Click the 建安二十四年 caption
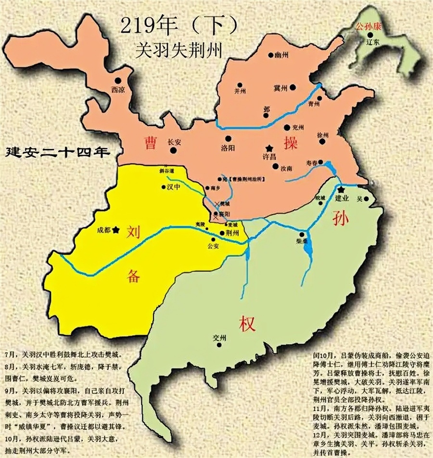coord(55,153)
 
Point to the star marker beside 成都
coord(115,229)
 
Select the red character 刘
coord(134,233)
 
